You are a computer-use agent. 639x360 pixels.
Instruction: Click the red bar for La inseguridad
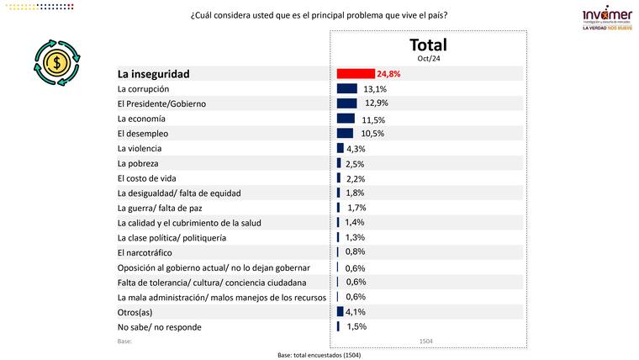[356, 74]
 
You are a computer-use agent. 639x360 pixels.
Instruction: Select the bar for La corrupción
[347, 89]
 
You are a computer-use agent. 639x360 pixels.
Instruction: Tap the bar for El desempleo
[345, 133]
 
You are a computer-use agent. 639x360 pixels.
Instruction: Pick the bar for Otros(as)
[340, 311]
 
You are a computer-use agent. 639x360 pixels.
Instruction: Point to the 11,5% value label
[374, 119]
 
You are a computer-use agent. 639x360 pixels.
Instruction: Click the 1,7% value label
[356, 208]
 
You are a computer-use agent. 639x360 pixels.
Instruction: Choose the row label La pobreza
[139, 163]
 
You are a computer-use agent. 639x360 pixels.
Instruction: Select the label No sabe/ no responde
[160, 326]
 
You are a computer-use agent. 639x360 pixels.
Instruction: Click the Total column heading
[428, 45]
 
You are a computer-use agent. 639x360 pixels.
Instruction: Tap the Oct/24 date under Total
[428, 59]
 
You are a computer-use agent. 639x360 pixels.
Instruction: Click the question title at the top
[319, 15]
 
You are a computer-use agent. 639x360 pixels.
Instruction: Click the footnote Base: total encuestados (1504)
[320, 355]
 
